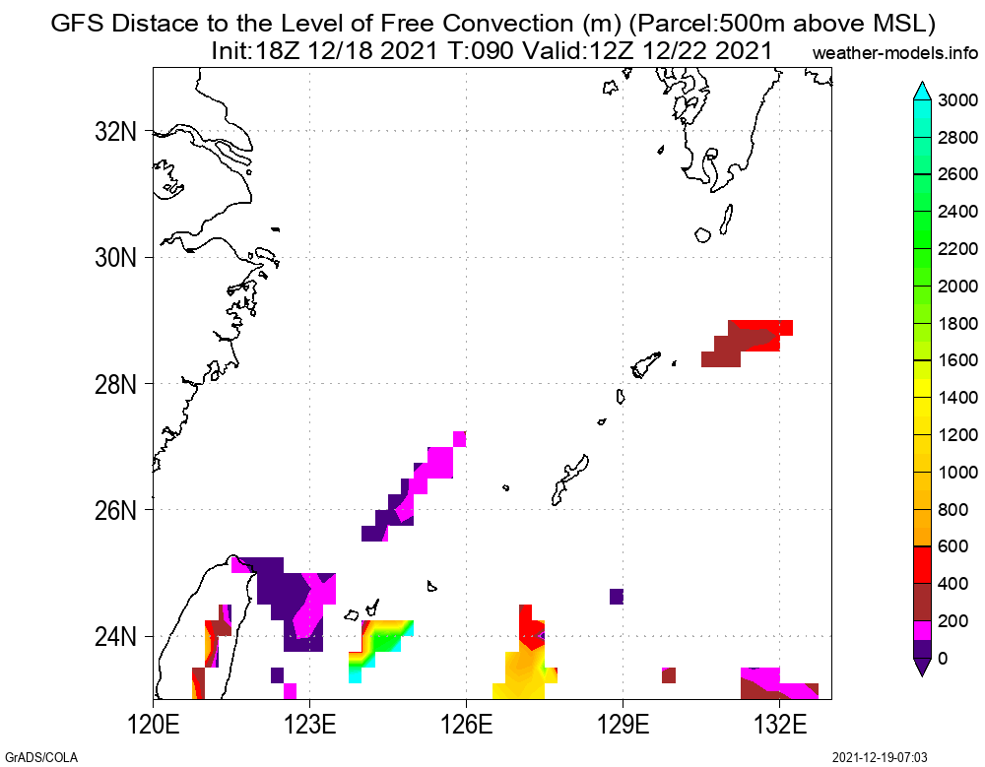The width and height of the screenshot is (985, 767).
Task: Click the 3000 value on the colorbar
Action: (x=957, y=100)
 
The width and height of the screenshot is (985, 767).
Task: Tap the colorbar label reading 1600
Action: (x=957, y=360)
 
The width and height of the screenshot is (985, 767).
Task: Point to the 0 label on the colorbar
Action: (x=945, y=658)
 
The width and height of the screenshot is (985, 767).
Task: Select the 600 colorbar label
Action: (x=952, y=546)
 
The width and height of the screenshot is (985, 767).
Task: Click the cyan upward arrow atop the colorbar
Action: (x=921, y=91)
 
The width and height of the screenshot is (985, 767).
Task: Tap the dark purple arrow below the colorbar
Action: (x=921, y=667)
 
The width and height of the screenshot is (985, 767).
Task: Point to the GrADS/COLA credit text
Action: (x=39, y=757)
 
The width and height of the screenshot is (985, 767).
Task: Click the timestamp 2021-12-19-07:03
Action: (x=880, y=757)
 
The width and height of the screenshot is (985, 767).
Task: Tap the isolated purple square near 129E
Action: (x=617, y=596)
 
